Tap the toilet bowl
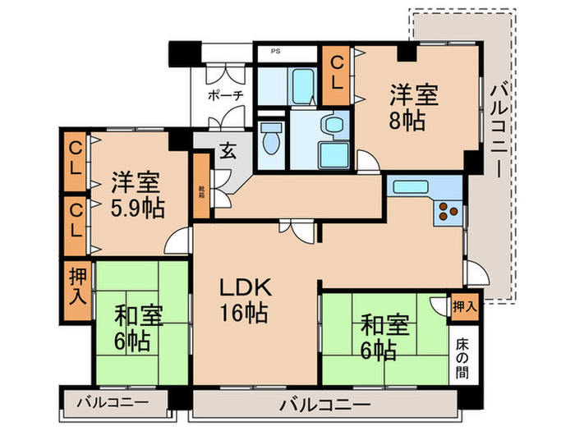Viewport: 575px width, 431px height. point(270,140)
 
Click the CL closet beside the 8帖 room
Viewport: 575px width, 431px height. point(337,73)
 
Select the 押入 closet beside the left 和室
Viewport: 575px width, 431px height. point(76,284)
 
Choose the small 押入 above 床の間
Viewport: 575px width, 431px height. point(465,305)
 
